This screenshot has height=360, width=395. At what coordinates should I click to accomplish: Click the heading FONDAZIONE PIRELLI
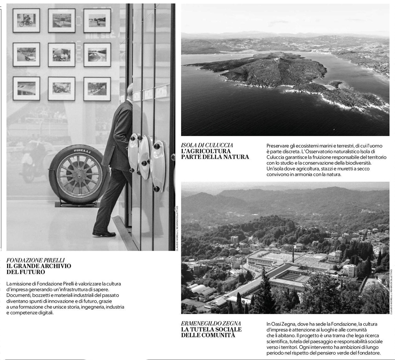click(36, 260)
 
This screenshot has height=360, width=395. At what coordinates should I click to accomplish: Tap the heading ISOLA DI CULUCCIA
click(207, 145)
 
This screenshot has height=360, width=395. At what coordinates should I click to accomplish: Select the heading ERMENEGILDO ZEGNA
click(211, 324)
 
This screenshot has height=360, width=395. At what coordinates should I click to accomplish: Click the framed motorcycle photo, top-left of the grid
click(26, 20)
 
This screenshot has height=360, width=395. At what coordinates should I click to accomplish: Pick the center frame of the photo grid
click(62, 55)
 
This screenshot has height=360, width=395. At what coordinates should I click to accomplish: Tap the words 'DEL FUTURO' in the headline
click(26, 272)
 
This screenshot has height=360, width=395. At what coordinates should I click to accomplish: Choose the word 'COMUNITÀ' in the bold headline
click(220, 335)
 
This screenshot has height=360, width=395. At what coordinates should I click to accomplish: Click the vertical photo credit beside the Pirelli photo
click(177, 228)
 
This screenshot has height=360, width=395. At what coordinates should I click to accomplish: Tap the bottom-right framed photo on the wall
click(97, 89)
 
